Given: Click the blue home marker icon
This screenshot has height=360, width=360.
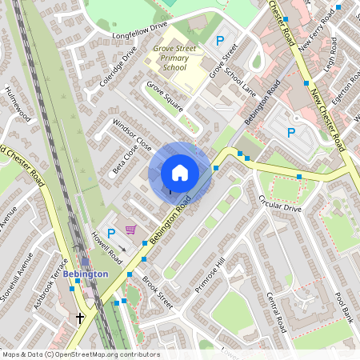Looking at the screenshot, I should point(180,173).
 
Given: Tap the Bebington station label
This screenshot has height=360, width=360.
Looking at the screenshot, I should point(85,274).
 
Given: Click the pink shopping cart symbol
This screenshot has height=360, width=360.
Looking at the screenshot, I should point(130,230).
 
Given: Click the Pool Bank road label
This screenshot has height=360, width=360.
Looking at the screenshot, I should point(344,307).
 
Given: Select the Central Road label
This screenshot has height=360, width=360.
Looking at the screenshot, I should point(276,313).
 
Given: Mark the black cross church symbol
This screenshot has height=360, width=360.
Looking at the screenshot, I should point(80,318).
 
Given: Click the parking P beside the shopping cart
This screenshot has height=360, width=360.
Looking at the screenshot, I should point(111,234).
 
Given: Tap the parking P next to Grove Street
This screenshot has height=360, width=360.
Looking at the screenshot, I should point(219,40).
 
